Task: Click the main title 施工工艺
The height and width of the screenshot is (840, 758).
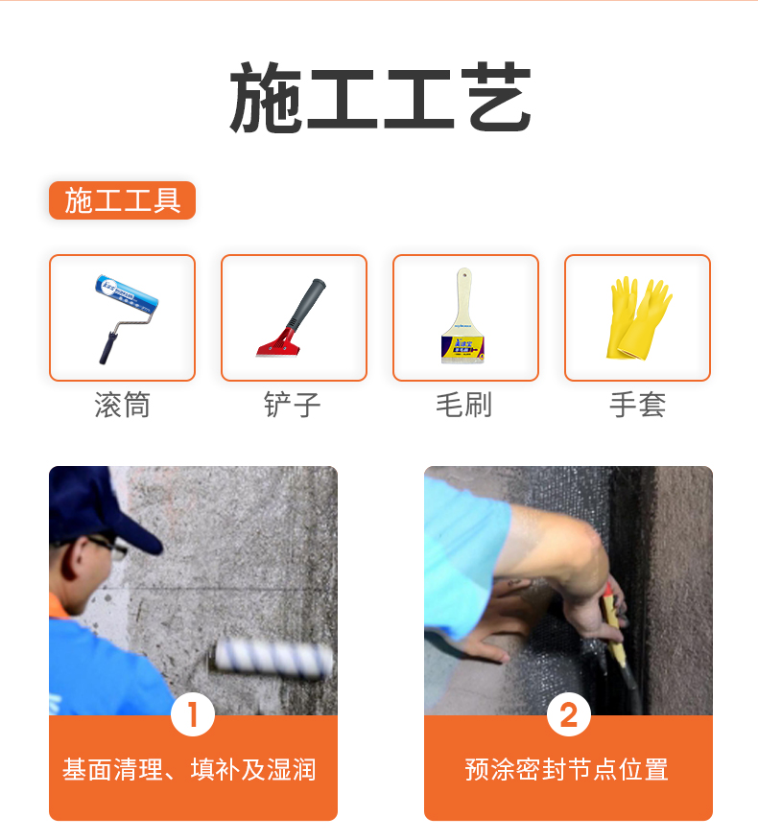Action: (380, 100)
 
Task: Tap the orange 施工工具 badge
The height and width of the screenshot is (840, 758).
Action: (122, 200)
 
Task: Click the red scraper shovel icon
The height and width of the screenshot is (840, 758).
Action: (293, 317)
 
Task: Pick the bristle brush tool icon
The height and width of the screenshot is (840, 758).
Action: (464, 317)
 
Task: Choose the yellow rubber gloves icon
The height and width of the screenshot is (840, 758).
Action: (637, 317)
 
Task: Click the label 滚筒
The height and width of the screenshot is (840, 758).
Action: (122, 405)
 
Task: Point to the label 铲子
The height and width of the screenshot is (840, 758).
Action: (293, 405)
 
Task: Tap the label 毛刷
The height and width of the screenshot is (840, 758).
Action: (464, 405)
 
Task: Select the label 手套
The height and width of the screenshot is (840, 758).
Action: (637, 405)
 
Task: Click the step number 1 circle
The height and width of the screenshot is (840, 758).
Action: (193, 715)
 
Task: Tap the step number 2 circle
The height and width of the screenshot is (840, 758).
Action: (568, 715)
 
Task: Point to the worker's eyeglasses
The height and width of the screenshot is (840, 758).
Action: (107, 548)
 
